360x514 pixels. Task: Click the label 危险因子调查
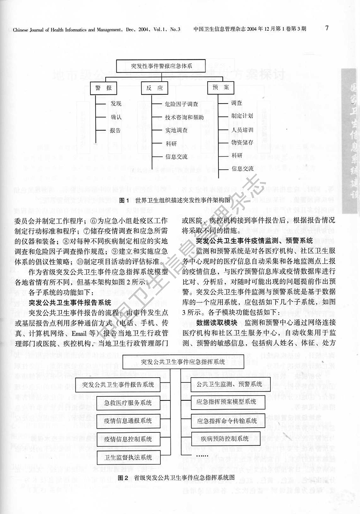point(181,104)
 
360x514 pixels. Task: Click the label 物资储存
point(242,142)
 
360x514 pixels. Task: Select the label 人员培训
point(242,130)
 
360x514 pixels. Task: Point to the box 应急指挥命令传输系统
point(227,420)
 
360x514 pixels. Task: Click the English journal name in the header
point(97,29)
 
